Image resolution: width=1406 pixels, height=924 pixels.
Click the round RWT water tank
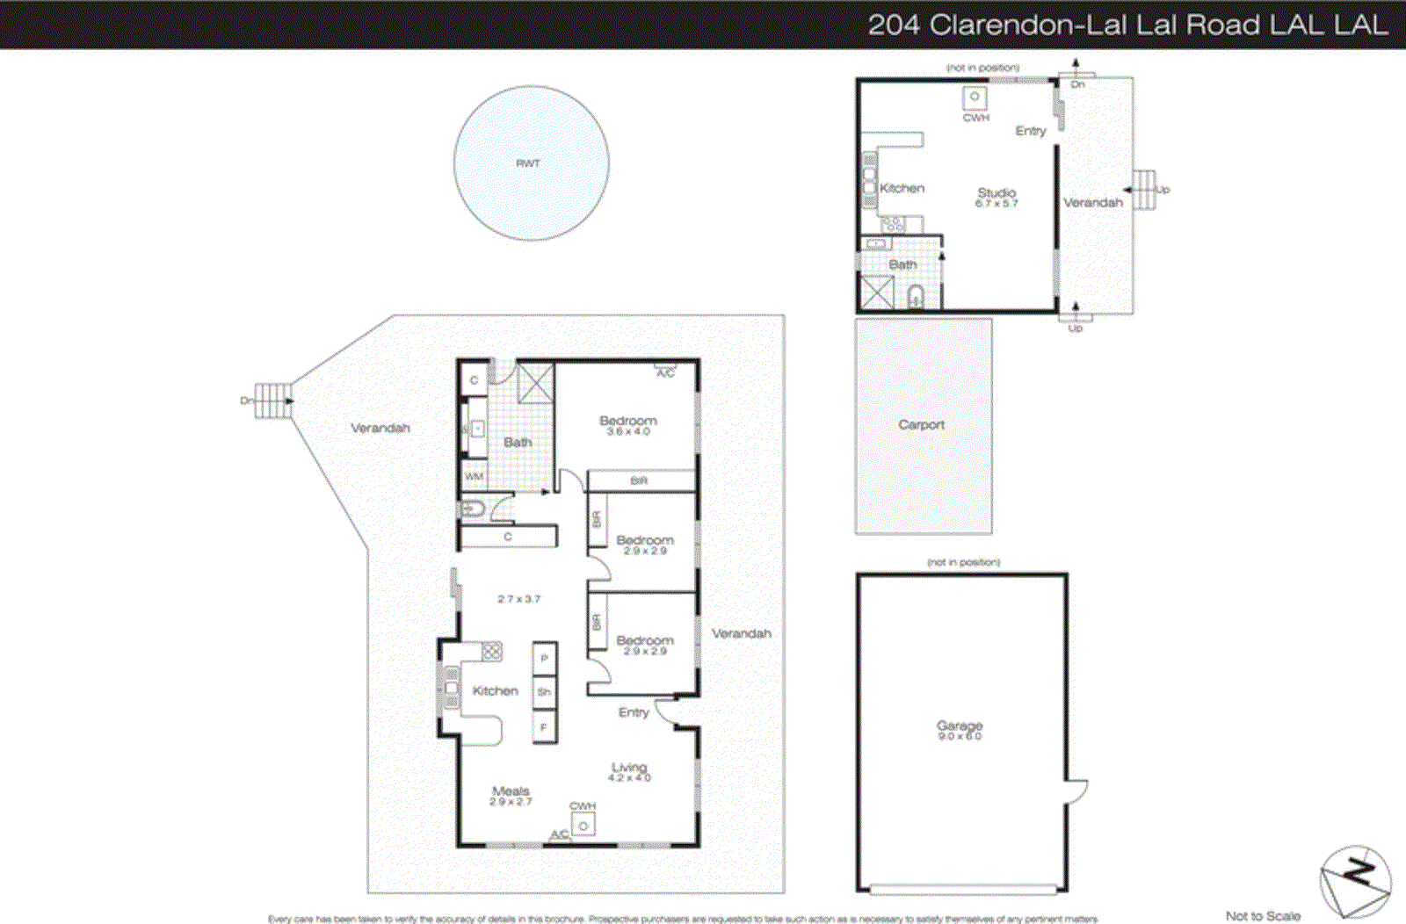click(531, 163)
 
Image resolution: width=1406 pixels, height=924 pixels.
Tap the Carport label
click(921, 425)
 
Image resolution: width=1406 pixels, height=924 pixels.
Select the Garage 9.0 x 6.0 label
click(959, 730)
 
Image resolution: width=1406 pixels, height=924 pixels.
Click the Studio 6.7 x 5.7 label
click(997, 197)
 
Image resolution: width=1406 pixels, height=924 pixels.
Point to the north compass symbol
click(1355, 881)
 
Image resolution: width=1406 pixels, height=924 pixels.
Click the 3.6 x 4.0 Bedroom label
click(628, 425)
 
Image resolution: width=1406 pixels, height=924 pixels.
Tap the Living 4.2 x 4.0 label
click(629, 771)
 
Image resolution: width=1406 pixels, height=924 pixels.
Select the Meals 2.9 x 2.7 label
click(511, 796)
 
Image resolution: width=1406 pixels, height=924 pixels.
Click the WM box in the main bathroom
click(475, 476)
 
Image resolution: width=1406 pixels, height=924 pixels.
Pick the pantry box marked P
click(544, 658)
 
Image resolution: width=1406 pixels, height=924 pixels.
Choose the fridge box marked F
click(544, 727)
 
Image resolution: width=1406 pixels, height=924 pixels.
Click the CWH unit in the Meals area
click(583, 825)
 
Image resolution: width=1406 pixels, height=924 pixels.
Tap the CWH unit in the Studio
click(975, 98)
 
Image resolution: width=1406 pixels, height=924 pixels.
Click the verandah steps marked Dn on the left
click(272, 401)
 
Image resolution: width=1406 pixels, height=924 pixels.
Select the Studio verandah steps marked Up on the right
click(1144, 190)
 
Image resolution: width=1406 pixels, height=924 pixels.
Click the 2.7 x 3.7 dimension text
click(518, 599)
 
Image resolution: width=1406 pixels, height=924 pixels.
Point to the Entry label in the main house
click(633, 712)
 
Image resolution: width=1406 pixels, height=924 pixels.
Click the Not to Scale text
click(1263, 915)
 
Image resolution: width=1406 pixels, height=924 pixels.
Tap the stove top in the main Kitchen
click(491, 651)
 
